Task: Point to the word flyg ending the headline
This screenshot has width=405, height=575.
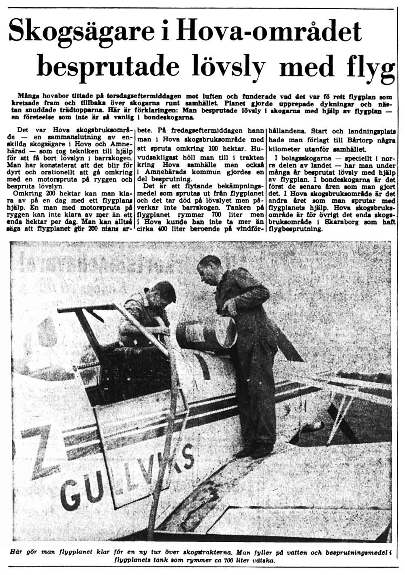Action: [x=370, y=67]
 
